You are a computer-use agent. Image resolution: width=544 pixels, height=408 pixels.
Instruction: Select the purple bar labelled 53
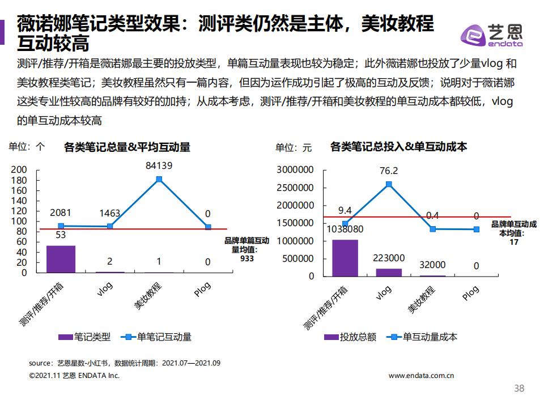pyautogui.click(x=61, y=259)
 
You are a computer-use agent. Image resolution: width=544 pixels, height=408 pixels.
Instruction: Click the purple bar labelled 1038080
pyautogui.click(x=345, y=258)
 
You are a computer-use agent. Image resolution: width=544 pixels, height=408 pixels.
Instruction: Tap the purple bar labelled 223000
pyautogui.click(x=389, y=272)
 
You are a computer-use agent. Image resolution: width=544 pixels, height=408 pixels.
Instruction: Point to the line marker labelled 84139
pyautogui.click(x=159, y=179)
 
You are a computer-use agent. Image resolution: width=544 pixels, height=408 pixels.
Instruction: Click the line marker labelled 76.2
pyautogui.click(x=389, y=184)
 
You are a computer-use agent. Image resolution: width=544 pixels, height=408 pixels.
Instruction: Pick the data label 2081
pyautogui.click(x=61, y=213)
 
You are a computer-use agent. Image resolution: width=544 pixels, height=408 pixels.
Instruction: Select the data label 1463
pyautogui.click(x=109, y=213)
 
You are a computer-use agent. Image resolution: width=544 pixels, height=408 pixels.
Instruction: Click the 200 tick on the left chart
pyautogui.click(x=19, y=169)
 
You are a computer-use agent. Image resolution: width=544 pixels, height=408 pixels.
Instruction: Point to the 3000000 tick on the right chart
pyautogui.click(x=295, y=169)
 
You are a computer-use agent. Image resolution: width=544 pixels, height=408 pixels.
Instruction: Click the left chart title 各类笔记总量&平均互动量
pyautogui.click(x=127, y=147)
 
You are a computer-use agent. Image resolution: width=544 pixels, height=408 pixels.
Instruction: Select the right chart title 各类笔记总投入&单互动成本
pyautogui.click(x=398, y=147)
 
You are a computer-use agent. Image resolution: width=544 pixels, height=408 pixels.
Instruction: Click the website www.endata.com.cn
pyautogui.click(x=421, y=375)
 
